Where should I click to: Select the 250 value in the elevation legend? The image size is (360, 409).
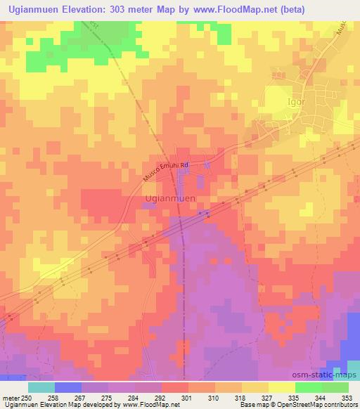click(x=27, y=397)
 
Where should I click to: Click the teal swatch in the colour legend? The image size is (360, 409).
click(x=41, y=387)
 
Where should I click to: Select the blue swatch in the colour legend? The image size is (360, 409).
click(x=67, y=387)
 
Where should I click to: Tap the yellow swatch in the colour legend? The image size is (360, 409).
click(x=281, y=387)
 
